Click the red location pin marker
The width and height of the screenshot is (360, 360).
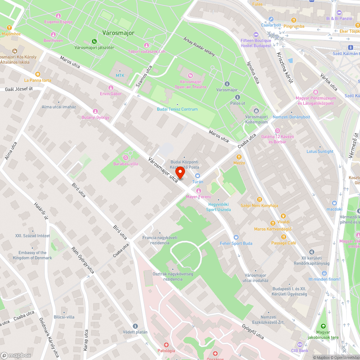click(180, 172)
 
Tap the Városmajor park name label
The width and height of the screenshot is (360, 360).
click(118, 33)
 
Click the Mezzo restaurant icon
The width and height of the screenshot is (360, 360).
click(239, 157)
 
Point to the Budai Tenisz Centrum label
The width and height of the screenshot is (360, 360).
click(177, 109)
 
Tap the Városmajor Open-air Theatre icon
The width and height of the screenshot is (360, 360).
click(190, 75)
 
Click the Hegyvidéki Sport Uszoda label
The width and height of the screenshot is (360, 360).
click(219, 207)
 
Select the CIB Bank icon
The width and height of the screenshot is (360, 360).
click(300, 345)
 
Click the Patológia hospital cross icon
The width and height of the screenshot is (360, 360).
click(166, 345)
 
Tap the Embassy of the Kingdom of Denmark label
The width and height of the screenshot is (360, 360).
click(32, 255)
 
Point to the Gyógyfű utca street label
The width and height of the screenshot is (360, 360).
click(253, 332)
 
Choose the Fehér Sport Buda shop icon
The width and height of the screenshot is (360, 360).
click(236, 237)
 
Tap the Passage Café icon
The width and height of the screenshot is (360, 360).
click(284, 237)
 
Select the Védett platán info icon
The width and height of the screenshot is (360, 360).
click(135, 326)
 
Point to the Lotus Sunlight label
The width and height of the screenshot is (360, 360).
click(320, 152)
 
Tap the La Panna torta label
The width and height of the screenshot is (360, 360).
click(37, 80)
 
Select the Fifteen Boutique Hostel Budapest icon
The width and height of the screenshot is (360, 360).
click(256, 35)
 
